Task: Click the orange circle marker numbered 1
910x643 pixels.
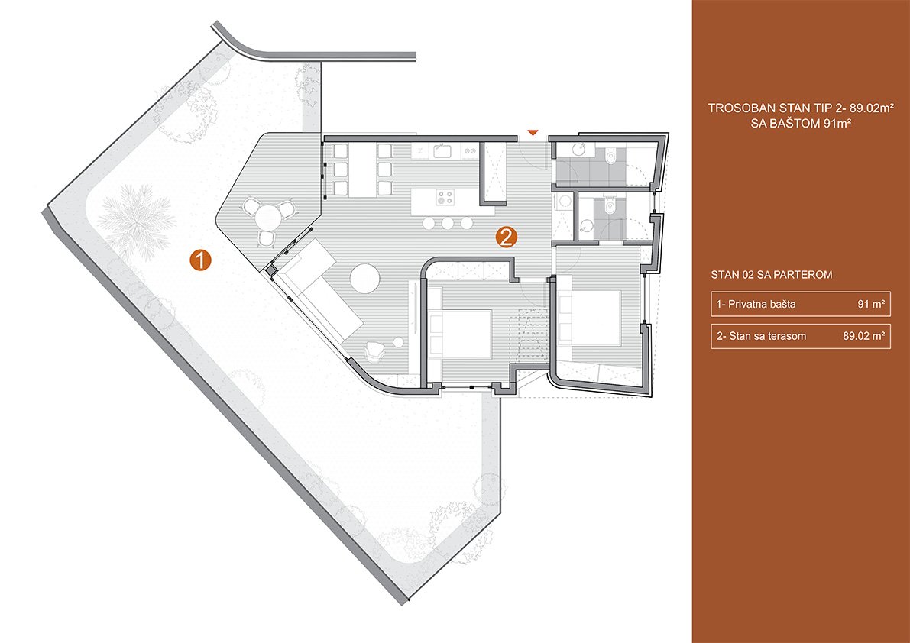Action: [x=200, y=260]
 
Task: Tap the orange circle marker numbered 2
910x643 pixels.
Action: [x=506, y=237]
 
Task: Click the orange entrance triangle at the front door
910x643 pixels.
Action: [x=533, y=134]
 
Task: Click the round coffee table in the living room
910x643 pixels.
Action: [x=366, y=279]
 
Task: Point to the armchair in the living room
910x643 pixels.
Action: [x=374, y=351]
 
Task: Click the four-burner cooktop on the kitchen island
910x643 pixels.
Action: [x=445, y=197]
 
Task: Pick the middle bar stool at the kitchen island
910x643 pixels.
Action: [x=447, y=223]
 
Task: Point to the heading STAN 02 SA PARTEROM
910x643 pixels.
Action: [x=771, y=275]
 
